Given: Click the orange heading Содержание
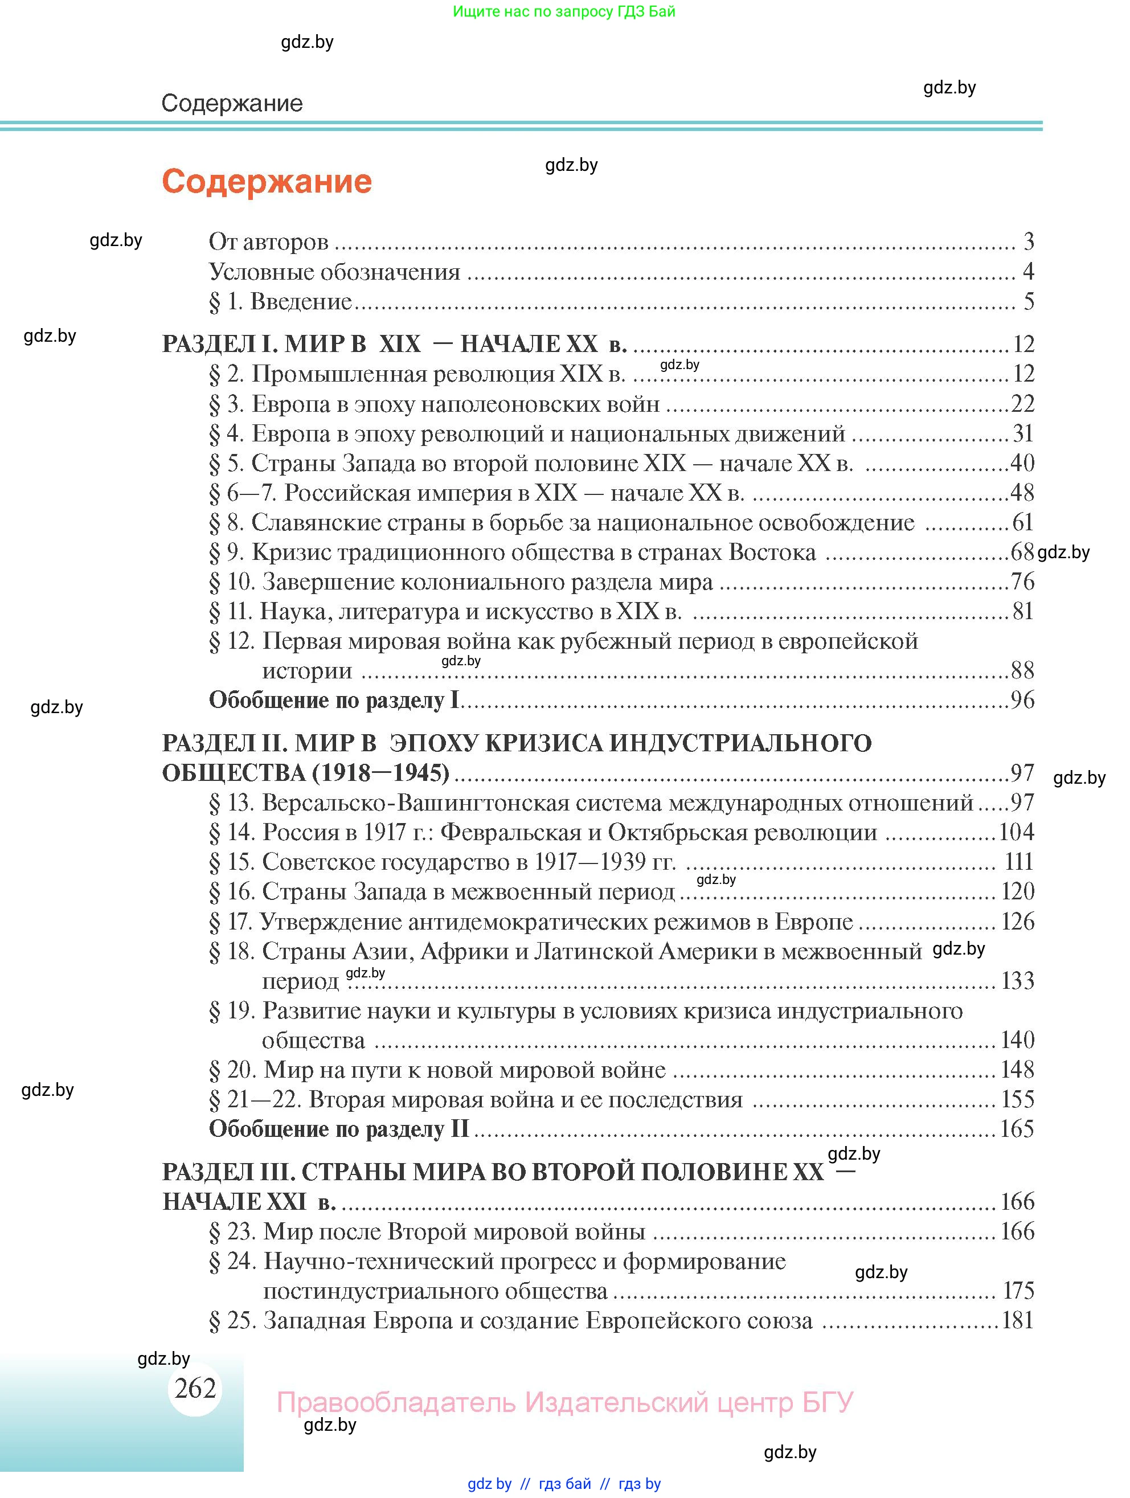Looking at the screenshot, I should point(267,182).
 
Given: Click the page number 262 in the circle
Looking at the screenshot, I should point(195,1388).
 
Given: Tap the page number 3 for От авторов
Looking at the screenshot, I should point(1029,242).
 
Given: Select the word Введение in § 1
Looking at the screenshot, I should point(301,301).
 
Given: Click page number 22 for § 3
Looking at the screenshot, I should point(1022,404).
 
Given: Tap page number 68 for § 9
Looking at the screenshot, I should point(1022,552).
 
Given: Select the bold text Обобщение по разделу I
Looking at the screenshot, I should point(334,699).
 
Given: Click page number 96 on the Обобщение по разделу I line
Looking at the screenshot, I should point(1022,699).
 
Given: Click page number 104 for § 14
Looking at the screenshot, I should point(1017,832).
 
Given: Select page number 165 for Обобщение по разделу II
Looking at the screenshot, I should point(1017,1129).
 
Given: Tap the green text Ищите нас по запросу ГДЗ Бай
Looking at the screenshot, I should point(564,11).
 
